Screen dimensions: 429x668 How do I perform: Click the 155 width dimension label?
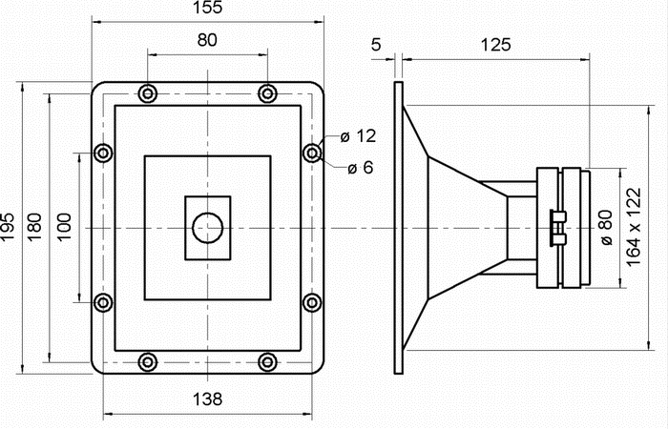[x=206, y=9]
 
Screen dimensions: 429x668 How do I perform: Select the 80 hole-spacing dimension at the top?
[x=206, y=41]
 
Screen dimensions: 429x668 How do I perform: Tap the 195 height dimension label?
[x=10, y=227]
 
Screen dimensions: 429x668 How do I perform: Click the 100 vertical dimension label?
[x=64, y=227]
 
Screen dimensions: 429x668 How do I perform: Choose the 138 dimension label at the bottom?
[x=207, y=398]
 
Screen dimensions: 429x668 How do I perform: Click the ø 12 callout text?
[x=360, y=136]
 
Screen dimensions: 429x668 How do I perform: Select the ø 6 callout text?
[x=360, y=169]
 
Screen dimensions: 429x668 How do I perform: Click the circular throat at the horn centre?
[x=207, y=229]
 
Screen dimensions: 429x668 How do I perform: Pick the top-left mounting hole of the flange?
[x=147, y=93]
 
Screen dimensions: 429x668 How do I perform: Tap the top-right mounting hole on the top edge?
[x=268, y=93]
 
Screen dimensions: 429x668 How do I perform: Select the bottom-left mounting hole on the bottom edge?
[x=147, y=361]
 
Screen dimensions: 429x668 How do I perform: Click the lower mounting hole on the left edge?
[x=104, y=303]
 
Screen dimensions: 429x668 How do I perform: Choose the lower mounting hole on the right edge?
[x=312, y=303]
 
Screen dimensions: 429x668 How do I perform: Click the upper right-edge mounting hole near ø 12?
[x=312, y=153]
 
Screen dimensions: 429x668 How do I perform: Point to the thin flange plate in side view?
[x=398, y=229]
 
